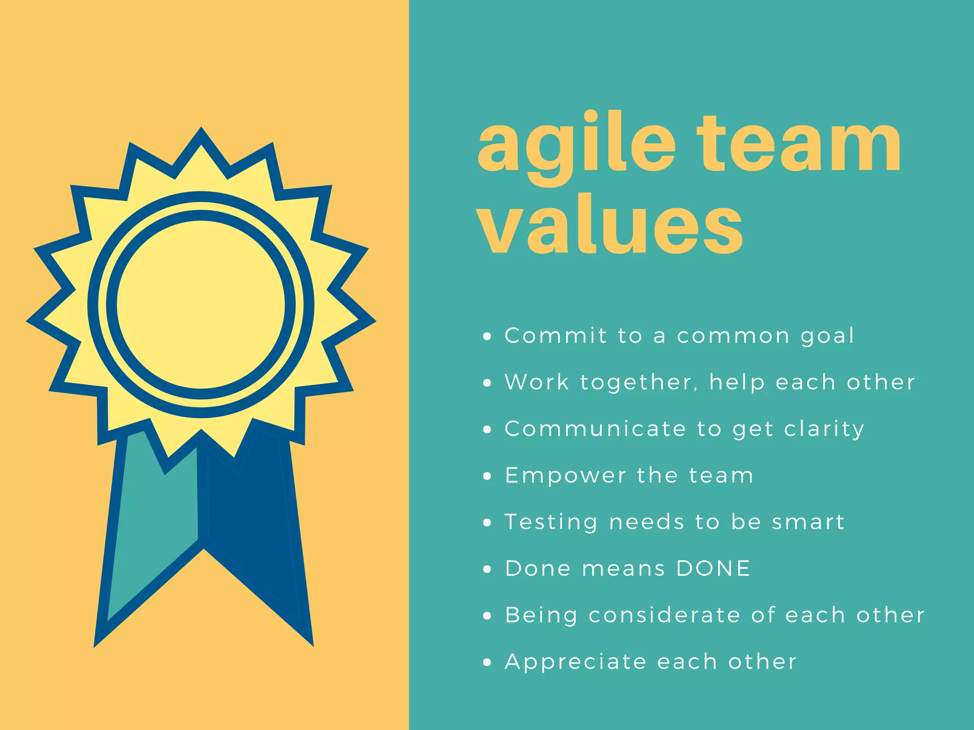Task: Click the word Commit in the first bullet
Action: point(555,336)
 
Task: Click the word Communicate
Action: point(595,429)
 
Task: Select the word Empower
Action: point(565,476)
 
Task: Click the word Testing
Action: point(551,522)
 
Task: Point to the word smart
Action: point(808,522)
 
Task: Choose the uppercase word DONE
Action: point(713,568)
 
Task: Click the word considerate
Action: point(664,615)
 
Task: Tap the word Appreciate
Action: point(575,662)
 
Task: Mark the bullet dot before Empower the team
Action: point(487,476)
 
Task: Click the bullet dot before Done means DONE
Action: point(487,569)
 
